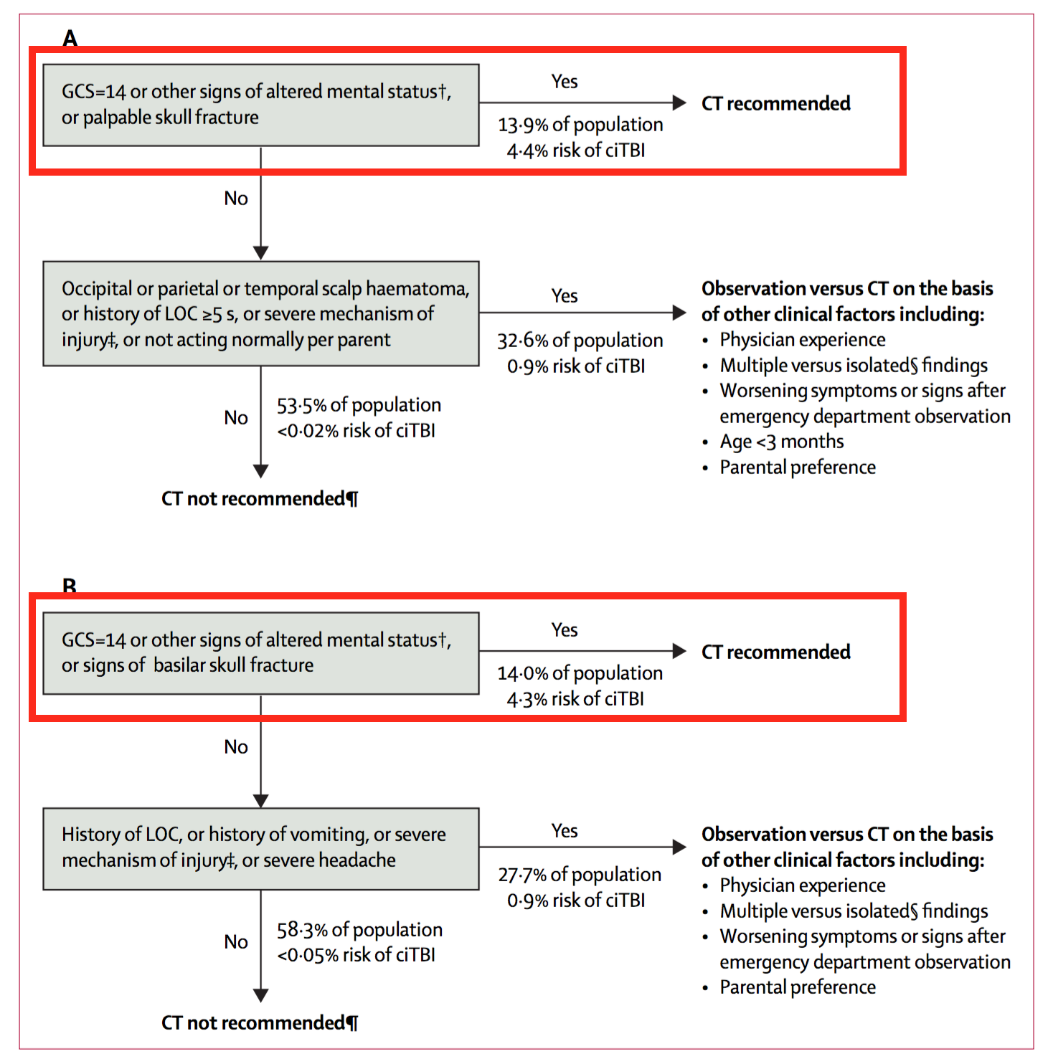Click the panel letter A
(x=70, y=37)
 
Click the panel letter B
(x=70, y=586)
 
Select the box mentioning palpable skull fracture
(x=260, y=105)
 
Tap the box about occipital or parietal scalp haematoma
(x=260, y=313)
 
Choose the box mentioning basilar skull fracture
(x=260, y=653)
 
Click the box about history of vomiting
(x=260, y=849)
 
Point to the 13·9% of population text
(x=580, y=125)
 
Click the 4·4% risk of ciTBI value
(x=575, y=151)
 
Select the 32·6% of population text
(x=580, y=341)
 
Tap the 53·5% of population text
(x=359, y=405)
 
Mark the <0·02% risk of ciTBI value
(x=356, y=431)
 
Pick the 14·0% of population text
(x=580, y=673)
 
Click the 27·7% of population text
(x=580, y=875)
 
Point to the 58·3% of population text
(x=359, y=930)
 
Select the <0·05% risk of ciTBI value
(x=356, y=955)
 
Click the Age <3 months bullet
(x=781, y=442)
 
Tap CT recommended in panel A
(x=775, y=103)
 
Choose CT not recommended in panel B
(x=259, y=1022)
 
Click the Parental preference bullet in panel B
(x=797, y=987)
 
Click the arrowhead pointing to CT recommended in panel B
(x=679, y=651)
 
